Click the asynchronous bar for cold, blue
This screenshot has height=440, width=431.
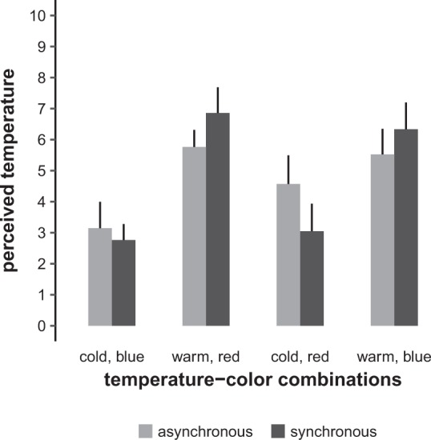coord(100,278)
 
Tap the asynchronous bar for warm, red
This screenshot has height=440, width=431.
coord(195,237)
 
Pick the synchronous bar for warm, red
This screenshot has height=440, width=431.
coord(218,220)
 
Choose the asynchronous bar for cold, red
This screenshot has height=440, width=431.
coord(288,255)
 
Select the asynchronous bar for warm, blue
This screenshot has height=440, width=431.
coord(382,240)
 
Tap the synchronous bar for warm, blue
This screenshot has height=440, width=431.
coord(406,228)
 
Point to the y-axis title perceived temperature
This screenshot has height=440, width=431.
coord(11,170)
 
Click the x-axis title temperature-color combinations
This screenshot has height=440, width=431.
coord(252,380)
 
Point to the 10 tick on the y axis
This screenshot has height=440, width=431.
coord(34,15)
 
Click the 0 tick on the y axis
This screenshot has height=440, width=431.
coord(38,326)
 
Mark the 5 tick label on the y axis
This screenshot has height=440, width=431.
coord(38,170)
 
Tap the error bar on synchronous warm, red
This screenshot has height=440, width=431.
coord(218,100)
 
